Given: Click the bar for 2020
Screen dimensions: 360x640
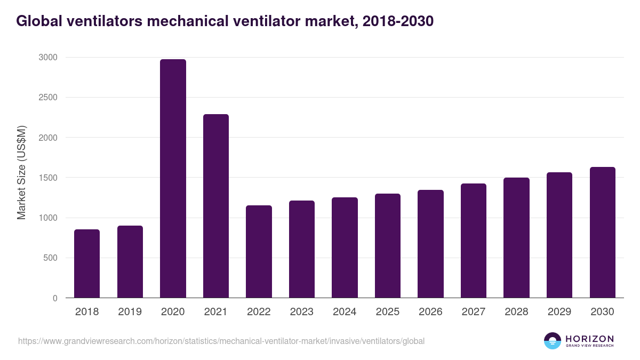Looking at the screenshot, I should [173, 179].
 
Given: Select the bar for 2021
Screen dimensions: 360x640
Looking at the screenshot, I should [215, 206].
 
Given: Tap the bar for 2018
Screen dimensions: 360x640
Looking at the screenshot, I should [87, 263].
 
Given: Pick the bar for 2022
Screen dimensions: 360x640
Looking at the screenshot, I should [259, 252].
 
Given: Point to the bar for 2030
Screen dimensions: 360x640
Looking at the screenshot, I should [602, 233].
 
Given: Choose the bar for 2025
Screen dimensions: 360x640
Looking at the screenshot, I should [387, 246].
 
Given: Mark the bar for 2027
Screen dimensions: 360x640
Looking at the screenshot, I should [474, 241].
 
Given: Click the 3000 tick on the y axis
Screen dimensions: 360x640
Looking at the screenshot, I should [49, 58].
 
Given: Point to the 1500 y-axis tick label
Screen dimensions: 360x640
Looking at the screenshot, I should [49, 178].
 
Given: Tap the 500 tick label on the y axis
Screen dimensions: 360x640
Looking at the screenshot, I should [51, 258].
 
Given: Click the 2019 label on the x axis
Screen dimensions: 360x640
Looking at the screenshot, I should [130, 312].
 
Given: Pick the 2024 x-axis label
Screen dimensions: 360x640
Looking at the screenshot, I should [345, 312].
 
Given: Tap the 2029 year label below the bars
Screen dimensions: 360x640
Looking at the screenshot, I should [559, 312].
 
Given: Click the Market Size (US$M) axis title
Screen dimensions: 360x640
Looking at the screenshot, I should [22, 173].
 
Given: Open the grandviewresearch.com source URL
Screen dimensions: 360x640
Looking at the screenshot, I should [221, 341].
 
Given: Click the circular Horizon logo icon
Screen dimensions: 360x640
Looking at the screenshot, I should [552, 341].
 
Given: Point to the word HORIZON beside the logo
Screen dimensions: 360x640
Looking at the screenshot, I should [589, 338].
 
